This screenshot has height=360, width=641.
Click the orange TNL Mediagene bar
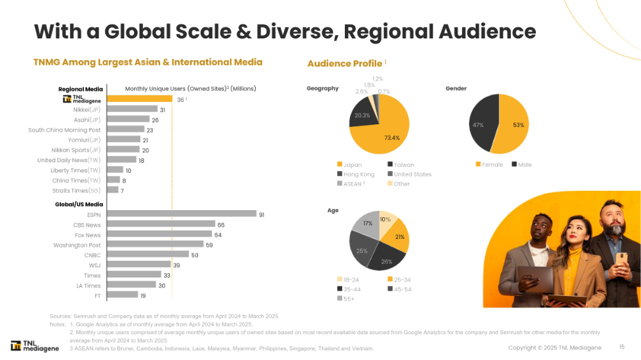click(140, 99)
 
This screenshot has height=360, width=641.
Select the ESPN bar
click(181, 214)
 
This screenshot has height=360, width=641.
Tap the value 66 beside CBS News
click(221, 225)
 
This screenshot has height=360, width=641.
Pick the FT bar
click(122, 295)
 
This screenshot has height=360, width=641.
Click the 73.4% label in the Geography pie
click(392, 138)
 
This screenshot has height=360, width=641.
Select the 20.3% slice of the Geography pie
click(360, 119)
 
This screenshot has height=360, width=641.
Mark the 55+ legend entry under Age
click(347, 298)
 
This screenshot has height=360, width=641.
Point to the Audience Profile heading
click(345, 63)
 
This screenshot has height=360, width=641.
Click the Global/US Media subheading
click(79, 204)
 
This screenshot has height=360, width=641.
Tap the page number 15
click(621, 347)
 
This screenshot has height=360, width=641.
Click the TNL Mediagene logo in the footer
click(35, 346)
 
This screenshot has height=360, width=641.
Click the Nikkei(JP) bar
click(132, 110)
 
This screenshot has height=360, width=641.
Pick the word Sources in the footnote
click(60, 316)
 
